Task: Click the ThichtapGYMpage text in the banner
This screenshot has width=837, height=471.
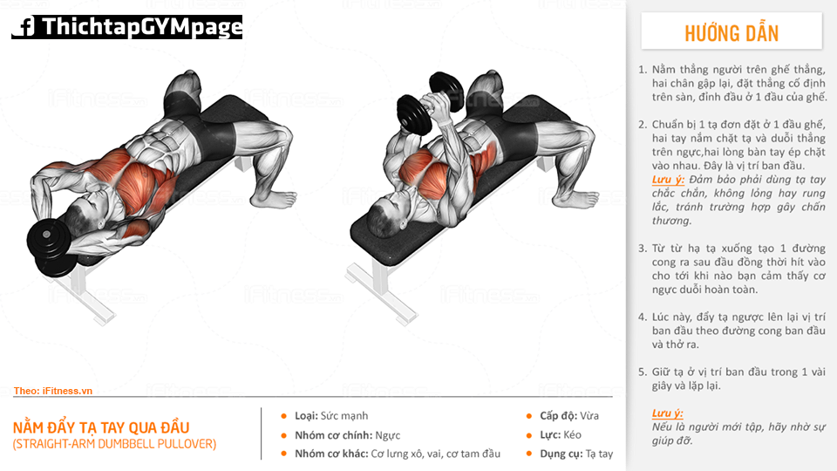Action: [142, 27]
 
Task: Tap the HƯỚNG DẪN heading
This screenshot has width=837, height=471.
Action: [732, 33]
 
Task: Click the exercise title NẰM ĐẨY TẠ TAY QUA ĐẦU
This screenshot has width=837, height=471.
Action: [101, 427]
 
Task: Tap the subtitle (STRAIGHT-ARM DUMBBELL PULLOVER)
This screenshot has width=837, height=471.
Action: [115, 444]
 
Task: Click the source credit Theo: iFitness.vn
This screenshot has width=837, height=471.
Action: [53, 391]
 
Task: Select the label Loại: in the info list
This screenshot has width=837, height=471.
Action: [306, 415]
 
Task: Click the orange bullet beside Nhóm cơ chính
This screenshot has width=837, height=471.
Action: [284, 435]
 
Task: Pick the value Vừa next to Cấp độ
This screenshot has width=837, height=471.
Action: [589, 415]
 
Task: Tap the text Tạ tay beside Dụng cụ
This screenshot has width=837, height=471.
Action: [599, 454]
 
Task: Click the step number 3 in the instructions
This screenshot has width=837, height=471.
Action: [643, 249]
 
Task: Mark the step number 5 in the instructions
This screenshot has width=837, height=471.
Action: [643, 372]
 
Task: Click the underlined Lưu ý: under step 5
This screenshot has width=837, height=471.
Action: [667, 413]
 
